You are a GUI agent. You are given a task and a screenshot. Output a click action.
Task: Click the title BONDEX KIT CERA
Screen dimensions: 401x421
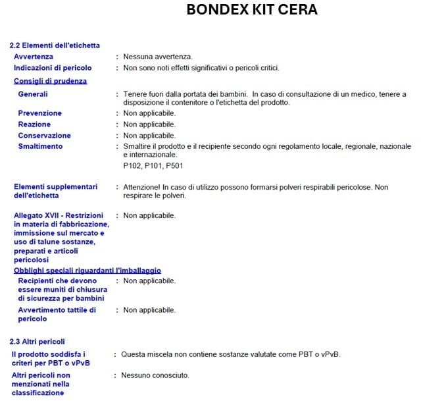(x=251, y=10)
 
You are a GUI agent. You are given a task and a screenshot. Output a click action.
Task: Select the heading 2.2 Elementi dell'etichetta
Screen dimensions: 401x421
(x=55, y=45)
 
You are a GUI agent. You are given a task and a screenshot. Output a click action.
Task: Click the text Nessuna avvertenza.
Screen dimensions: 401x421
(x=157, y=57)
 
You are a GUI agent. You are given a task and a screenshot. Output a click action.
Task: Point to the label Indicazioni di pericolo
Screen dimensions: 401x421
(x=53, y=68)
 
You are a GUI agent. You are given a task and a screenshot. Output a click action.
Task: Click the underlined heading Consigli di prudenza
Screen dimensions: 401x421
(x=51, y=81)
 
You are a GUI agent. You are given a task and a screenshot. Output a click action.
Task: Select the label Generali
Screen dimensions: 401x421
(x=33, y=94)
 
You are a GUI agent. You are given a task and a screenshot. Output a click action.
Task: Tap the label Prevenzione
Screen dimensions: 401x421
(x=40, y=113)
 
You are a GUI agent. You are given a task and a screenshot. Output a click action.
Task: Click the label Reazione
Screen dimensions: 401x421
(x=34, y=124)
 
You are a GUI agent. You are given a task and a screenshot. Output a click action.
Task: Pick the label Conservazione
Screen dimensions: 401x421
(x=45, y=136)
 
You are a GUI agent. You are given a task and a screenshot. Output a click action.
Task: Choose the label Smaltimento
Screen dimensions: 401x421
(x=41, y=146)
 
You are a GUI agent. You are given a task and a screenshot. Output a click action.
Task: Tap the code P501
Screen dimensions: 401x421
(x=174, y=165)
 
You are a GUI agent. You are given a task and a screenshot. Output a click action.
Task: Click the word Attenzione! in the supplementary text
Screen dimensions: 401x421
(x=144, y=187)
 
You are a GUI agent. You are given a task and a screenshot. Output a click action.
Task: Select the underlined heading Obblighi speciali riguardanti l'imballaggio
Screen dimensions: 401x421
(x=87, y=270)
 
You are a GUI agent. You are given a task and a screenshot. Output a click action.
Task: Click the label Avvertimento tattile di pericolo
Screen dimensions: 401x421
(x=57, y=309)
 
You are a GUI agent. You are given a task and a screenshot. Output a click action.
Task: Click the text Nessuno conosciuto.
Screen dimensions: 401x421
(x=155, y=375)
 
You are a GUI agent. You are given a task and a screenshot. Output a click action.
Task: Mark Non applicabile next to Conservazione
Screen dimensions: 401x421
(x=150, y=136)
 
